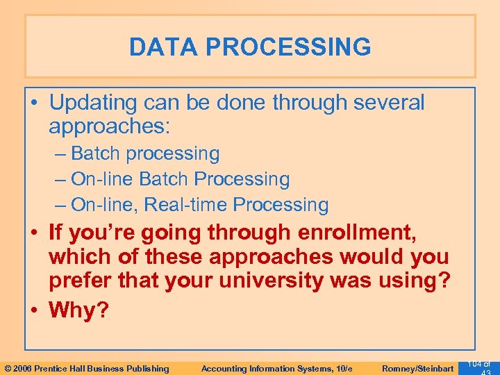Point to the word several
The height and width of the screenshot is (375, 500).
click(x=388, y=103)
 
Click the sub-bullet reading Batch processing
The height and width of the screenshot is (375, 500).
click(x=145, y=153)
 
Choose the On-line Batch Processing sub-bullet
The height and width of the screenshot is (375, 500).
click(x=180, y=179)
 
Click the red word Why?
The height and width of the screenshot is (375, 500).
click(x=79, y=309)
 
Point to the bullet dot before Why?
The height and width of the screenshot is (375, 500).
click(x=35, y=309)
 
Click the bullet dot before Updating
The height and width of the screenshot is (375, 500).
click(x=35, y=103)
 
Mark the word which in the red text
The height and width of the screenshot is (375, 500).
click(x=77, y=257)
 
